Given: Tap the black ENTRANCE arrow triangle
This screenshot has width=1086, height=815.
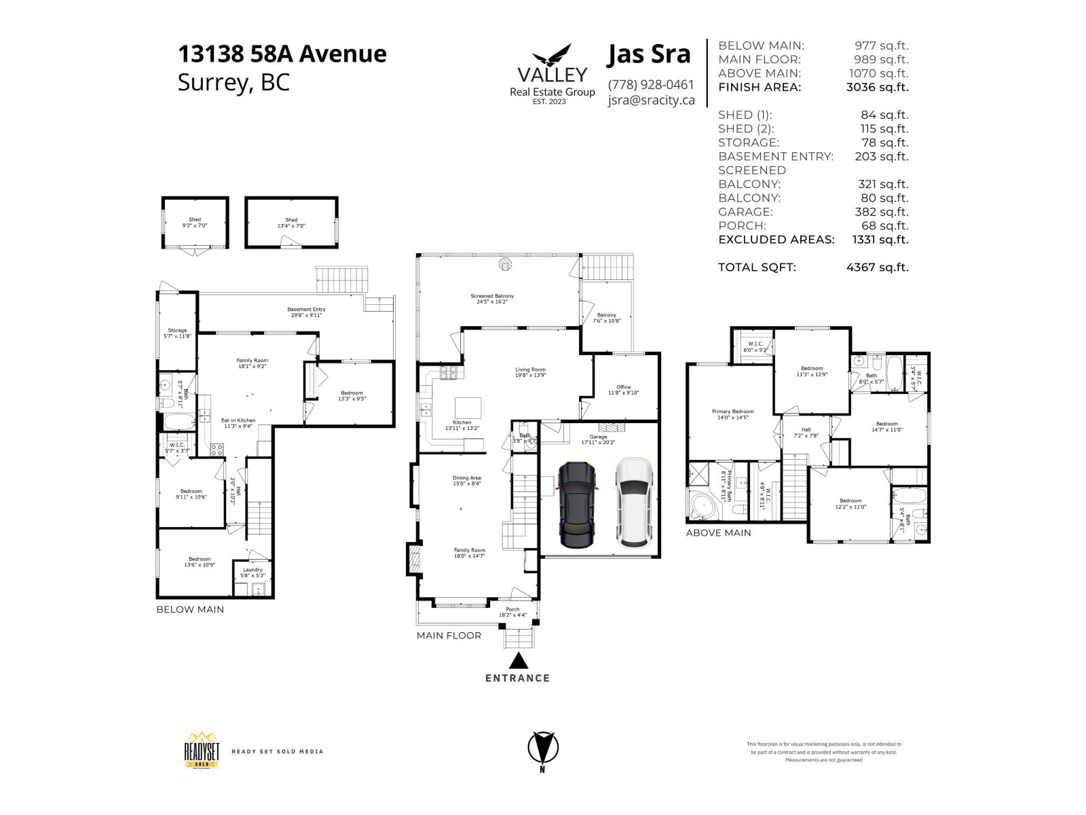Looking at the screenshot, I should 518,661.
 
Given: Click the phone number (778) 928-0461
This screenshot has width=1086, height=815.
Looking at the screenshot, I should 651,85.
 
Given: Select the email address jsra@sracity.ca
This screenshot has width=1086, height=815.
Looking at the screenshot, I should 651,100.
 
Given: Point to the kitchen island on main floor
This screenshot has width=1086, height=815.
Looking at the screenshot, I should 468,408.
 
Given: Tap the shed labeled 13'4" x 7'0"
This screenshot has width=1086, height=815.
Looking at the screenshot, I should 291,223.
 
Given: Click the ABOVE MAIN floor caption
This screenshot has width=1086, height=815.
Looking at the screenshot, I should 718,533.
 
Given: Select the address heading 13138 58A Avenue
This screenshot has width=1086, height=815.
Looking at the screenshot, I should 282,54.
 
